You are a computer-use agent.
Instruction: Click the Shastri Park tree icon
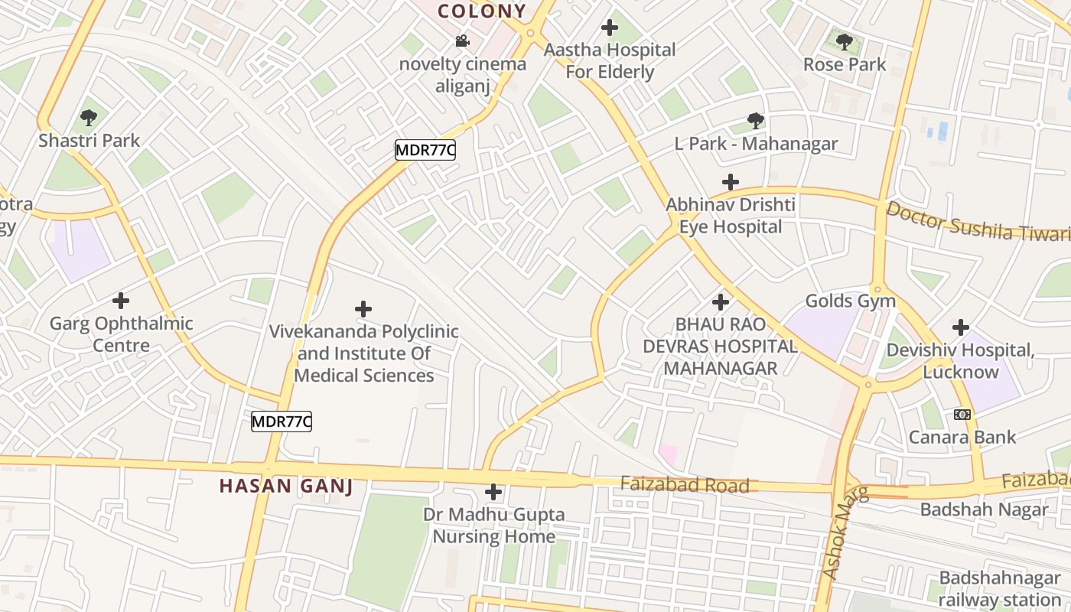pos(89,118)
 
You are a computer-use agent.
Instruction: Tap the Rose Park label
pos(845,65)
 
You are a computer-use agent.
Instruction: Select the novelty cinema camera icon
pos(462,41)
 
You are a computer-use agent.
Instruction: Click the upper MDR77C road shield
pos(425,150)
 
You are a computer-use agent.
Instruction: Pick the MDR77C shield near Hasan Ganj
pos(282,421)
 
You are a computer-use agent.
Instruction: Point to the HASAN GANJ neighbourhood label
pos(286,486)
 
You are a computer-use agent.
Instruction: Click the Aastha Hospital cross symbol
pos(610,28)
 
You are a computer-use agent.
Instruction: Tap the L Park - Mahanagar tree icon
pos(756,121)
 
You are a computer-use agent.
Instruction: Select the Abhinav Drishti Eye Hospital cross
pos(731,182)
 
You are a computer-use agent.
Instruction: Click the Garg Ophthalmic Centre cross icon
pos(121,301)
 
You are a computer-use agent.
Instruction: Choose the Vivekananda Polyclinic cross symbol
pos(363,309)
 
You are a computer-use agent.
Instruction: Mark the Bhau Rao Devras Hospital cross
pos(720,302)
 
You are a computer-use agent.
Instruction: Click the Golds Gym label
pos(851,301)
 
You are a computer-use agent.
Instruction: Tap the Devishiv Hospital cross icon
pos(961,327)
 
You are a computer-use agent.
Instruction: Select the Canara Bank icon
pos(962,415)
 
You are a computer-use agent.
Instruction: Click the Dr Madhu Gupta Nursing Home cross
pos(493,492)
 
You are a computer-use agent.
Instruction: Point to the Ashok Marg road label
pos(844,532)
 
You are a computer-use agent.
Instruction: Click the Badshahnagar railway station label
pos(1000,588)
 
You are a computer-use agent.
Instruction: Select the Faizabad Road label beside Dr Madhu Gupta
pos(685,485)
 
